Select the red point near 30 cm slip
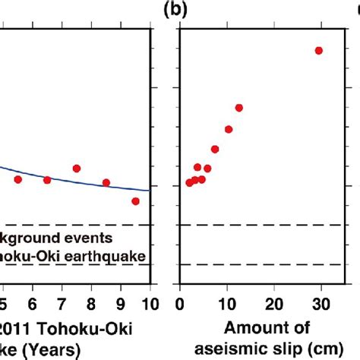[318, 51]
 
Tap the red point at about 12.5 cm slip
[238, 108]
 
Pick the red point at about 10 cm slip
[228, 130]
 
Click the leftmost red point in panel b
[189, 183]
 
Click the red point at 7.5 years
[77, 169]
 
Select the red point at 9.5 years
[135, 201]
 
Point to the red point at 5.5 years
[18, 179]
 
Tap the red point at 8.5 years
[106, 182]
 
